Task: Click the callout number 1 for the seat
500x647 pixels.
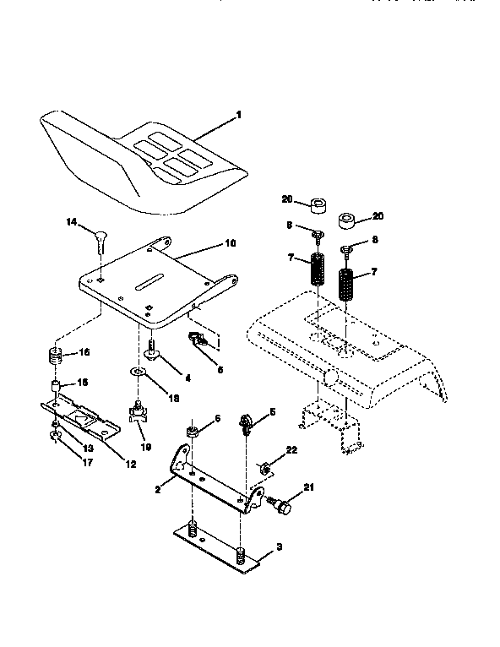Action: click(238, 113)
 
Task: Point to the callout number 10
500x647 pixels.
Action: click(230, 243)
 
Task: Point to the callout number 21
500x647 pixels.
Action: click(307, 487)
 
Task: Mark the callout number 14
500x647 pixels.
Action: click(71, 221)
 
